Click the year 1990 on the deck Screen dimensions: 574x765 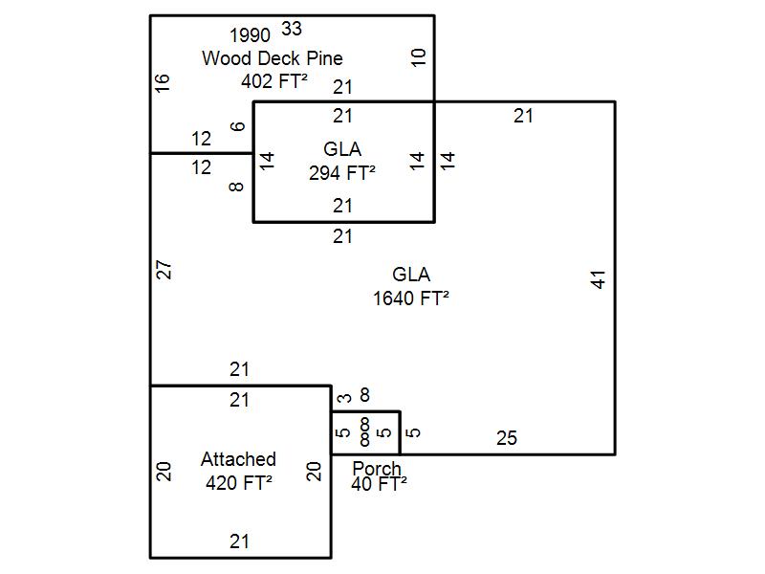point(250,36)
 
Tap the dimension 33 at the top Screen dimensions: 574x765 point(292,29)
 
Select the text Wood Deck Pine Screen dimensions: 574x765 point(272,58)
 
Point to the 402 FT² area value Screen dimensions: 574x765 point(274,81)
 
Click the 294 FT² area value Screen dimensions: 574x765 point(342,173)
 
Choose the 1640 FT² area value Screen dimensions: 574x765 point(411,298)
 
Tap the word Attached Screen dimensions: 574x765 point(238,459)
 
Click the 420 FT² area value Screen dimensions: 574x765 point(239,482)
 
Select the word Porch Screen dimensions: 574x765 point(377,469)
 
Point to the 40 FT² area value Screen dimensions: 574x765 point(379,484)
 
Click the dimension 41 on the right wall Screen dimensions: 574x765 point(599,279)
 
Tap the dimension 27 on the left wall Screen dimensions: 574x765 point(164,270)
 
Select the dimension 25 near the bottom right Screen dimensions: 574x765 point(507,438)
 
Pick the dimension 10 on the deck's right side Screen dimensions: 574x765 point(419,57)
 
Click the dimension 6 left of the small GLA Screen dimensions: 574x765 point(238,125)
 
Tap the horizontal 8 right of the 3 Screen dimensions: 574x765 point(364,394)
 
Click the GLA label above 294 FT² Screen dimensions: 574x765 point(342,150)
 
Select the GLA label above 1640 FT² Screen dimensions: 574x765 point(411,276)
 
